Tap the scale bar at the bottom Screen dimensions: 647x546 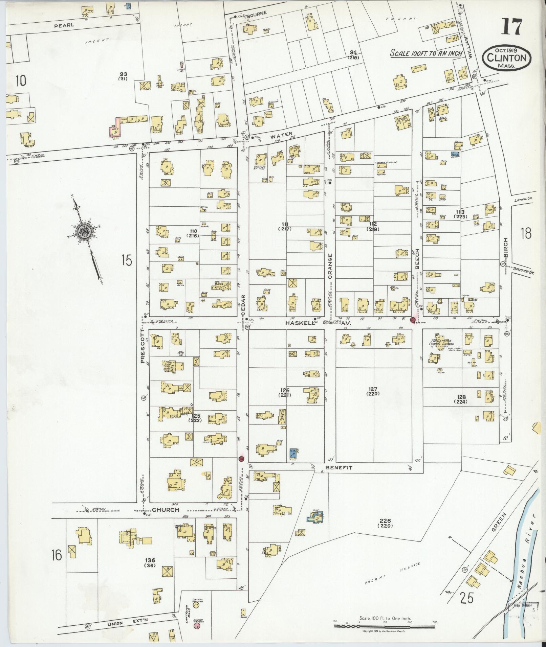(385, 626)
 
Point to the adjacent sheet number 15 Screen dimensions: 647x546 (127, 261)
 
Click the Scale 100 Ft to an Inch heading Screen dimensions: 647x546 (426, 54)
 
